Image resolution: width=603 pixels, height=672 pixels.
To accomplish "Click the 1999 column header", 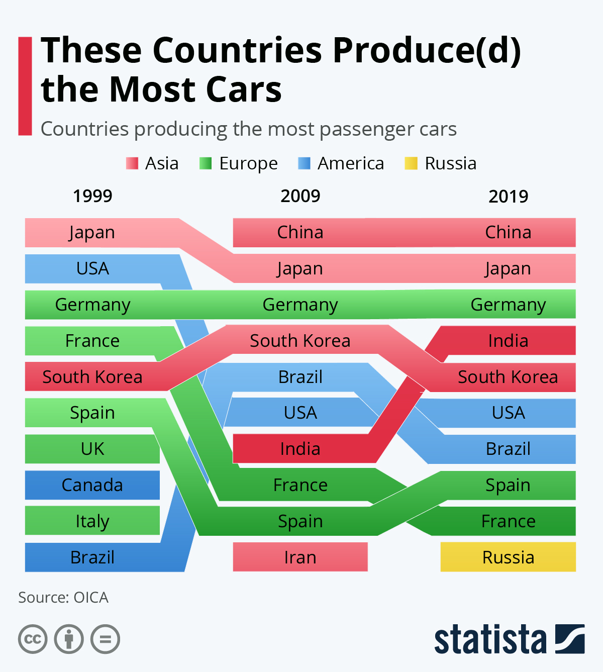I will (x=92, y=196).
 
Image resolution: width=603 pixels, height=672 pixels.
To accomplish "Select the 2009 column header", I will (x=300, y=196).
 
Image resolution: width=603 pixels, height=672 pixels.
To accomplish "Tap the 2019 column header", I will (x=508, y=196).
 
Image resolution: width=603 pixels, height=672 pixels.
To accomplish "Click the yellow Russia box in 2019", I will (x=508, y=557).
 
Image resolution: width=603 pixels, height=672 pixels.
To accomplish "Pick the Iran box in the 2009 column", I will (x=300, y=557).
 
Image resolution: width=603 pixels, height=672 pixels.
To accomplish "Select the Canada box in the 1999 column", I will (x=92, y=485).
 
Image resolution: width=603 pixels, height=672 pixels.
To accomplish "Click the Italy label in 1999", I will (x=92, y=521).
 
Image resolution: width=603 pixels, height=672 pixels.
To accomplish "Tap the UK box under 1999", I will (x=92, y=449).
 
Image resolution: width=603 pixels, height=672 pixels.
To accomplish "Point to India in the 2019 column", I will (x=508, y=341).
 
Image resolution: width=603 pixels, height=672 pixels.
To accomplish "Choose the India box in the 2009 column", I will (x=300, y=449).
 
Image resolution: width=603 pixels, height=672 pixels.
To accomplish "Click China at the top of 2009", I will (x=300, y=232).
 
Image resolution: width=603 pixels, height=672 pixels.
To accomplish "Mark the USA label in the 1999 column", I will (x=92, y=268).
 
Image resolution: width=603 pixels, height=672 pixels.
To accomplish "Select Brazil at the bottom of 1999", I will (x=92, y=557).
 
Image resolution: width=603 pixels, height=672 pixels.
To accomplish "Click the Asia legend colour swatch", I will (x=132, y=163).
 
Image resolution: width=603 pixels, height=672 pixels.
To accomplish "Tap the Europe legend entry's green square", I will (x=206, y=163).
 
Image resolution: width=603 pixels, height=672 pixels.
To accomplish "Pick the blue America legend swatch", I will (x=304, y=163).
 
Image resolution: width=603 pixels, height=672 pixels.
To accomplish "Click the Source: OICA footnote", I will (x=63, y=597).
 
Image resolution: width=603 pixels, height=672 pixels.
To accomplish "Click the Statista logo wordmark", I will (x=490, y=639).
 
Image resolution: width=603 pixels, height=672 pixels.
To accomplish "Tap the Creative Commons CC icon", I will (x=33, y=639).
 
